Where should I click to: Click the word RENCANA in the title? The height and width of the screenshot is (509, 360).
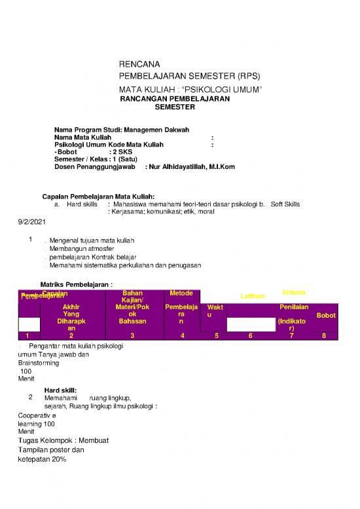click(137, 65)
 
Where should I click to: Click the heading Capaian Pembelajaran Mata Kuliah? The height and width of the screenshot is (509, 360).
click(99, 197)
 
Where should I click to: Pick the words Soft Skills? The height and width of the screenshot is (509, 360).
click(285, 204)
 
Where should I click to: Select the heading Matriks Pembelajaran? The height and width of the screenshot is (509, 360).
click(77, 284)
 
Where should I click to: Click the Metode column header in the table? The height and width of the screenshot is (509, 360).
click(181, 293)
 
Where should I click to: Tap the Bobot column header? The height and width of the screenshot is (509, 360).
click(325, 315)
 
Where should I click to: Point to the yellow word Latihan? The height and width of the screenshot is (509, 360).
click(253, 296)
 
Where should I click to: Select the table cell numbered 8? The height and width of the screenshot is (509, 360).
click(323, 336)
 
